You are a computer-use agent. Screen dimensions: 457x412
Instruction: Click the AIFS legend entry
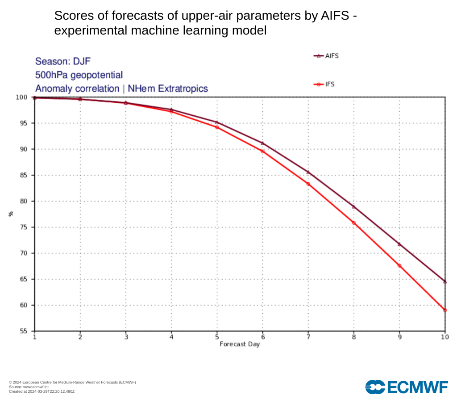326,56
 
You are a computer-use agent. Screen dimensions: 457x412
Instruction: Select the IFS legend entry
324,84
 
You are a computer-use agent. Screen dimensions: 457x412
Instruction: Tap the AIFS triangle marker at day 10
445,281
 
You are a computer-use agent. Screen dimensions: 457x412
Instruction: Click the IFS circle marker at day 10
445,310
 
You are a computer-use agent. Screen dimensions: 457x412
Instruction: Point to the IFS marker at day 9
399,265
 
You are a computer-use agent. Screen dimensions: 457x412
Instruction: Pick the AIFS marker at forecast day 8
353,206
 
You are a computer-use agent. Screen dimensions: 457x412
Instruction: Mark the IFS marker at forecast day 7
308,184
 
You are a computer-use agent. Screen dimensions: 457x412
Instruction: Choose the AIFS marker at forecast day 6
262,143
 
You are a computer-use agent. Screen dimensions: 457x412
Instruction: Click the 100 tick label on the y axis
21,97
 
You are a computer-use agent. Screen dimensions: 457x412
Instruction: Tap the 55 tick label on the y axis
24,331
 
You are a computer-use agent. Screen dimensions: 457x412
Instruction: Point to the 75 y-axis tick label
24,227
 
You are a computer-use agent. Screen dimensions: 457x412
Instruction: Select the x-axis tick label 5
217,337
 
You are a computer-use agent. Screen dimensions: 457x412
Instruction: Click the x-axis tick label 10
445,337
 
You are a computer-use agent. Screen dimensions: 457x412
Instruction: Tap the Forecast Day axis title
240,345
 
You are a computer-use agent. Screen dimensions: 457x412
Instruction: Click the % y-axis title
11,214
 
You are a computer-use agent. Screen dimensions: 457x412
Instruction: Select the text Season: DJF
62,61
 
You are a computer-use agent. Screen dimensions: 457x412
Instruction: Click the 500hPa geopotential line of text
79,75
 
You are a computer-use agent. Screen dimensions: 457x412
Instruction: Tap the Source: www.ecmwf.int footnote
29,387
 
